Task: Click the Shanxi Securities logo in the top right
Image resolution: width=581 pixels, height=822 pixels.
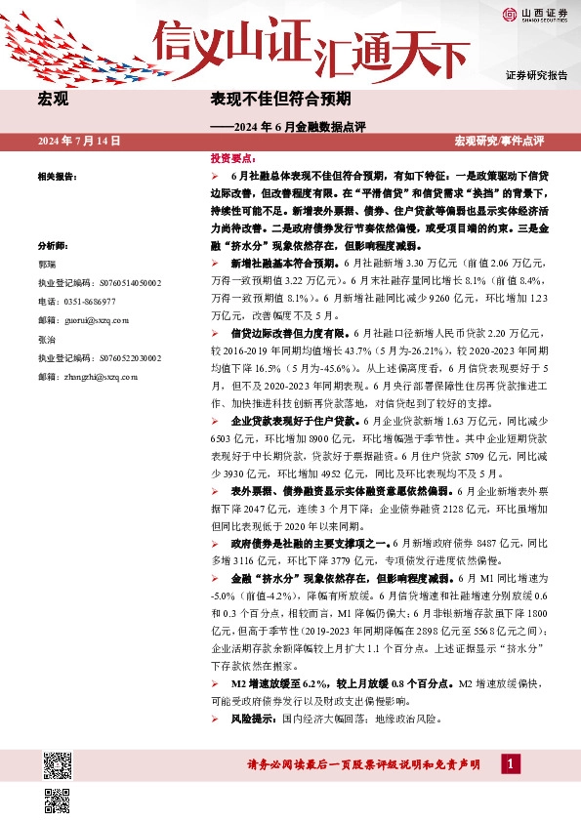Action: click(x=535, y=14)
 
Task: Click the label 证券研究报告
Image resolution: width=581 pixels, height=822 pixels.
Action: click(x=536, y=75)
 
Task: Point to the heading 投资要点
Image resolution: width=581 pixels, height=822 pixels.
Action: click(x=233, y=157)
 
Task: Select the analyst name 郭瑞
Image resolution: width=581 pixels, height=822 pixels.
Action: click(x=46, y=264)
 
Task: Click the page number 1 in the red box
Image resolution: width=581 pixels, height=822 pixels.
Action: click(x=508, y=763)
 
